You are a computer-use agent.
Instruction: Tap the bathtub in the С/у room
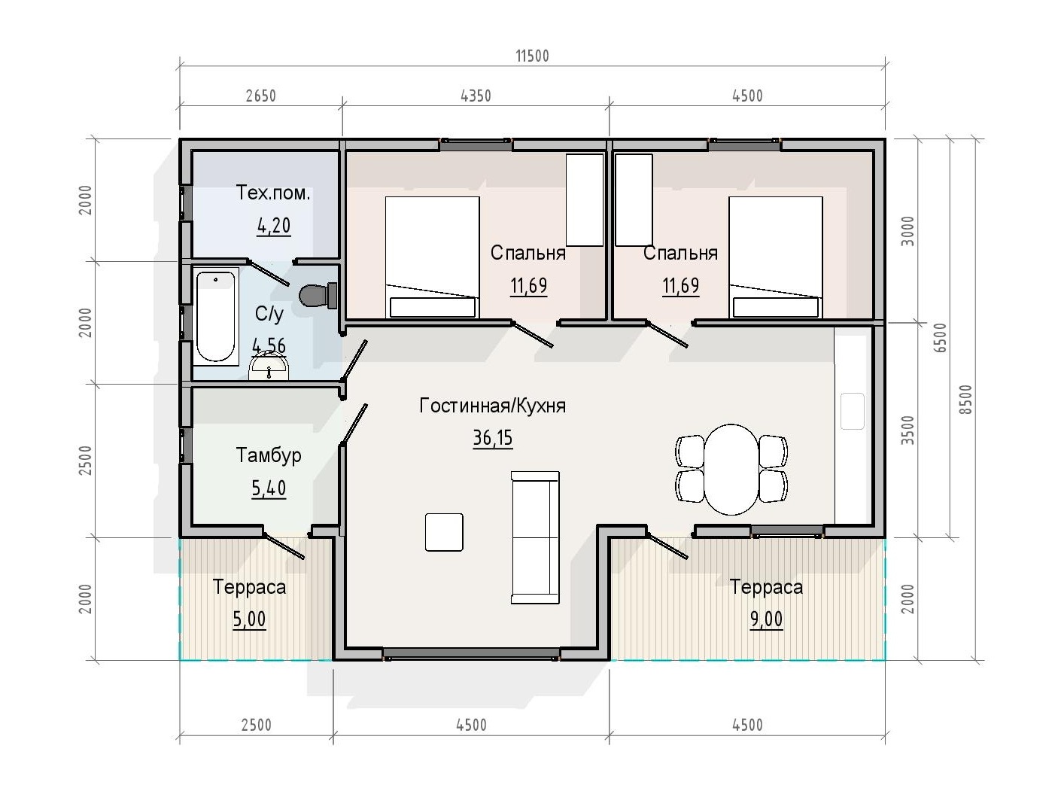point(215,316)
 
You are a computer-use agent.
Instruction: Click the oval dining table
point(731,470)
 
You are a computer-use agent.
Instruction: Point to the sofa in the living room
point(535,537)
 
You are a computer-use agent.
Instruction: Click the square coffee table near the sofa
point(444,532)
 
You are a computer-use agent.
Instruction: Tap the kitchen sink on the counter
point(852,411)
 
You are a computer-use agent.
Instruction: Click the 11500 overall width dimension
point(532,56)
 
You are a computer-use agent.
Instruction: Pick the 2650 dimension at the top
point(261,96)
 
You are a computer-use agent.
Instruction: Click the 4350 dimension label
point(476,96)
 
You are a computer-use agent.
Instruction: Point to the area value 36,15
point(493,438)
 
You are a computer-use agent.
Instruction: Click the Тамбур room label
point(269,455)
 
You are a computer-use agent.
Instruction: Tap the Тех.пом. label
point(273,193)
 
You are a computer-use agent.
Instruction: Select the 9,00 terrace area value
point(766,619)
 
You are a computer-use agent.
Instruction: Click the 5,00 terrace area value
point(249,619)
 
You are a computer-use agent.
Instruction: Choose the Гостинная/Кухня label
point(493,406)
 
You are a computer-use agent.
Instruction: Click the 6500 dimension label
point(941,337)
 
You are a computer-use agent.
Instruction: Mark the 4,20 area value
point(274,226)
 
